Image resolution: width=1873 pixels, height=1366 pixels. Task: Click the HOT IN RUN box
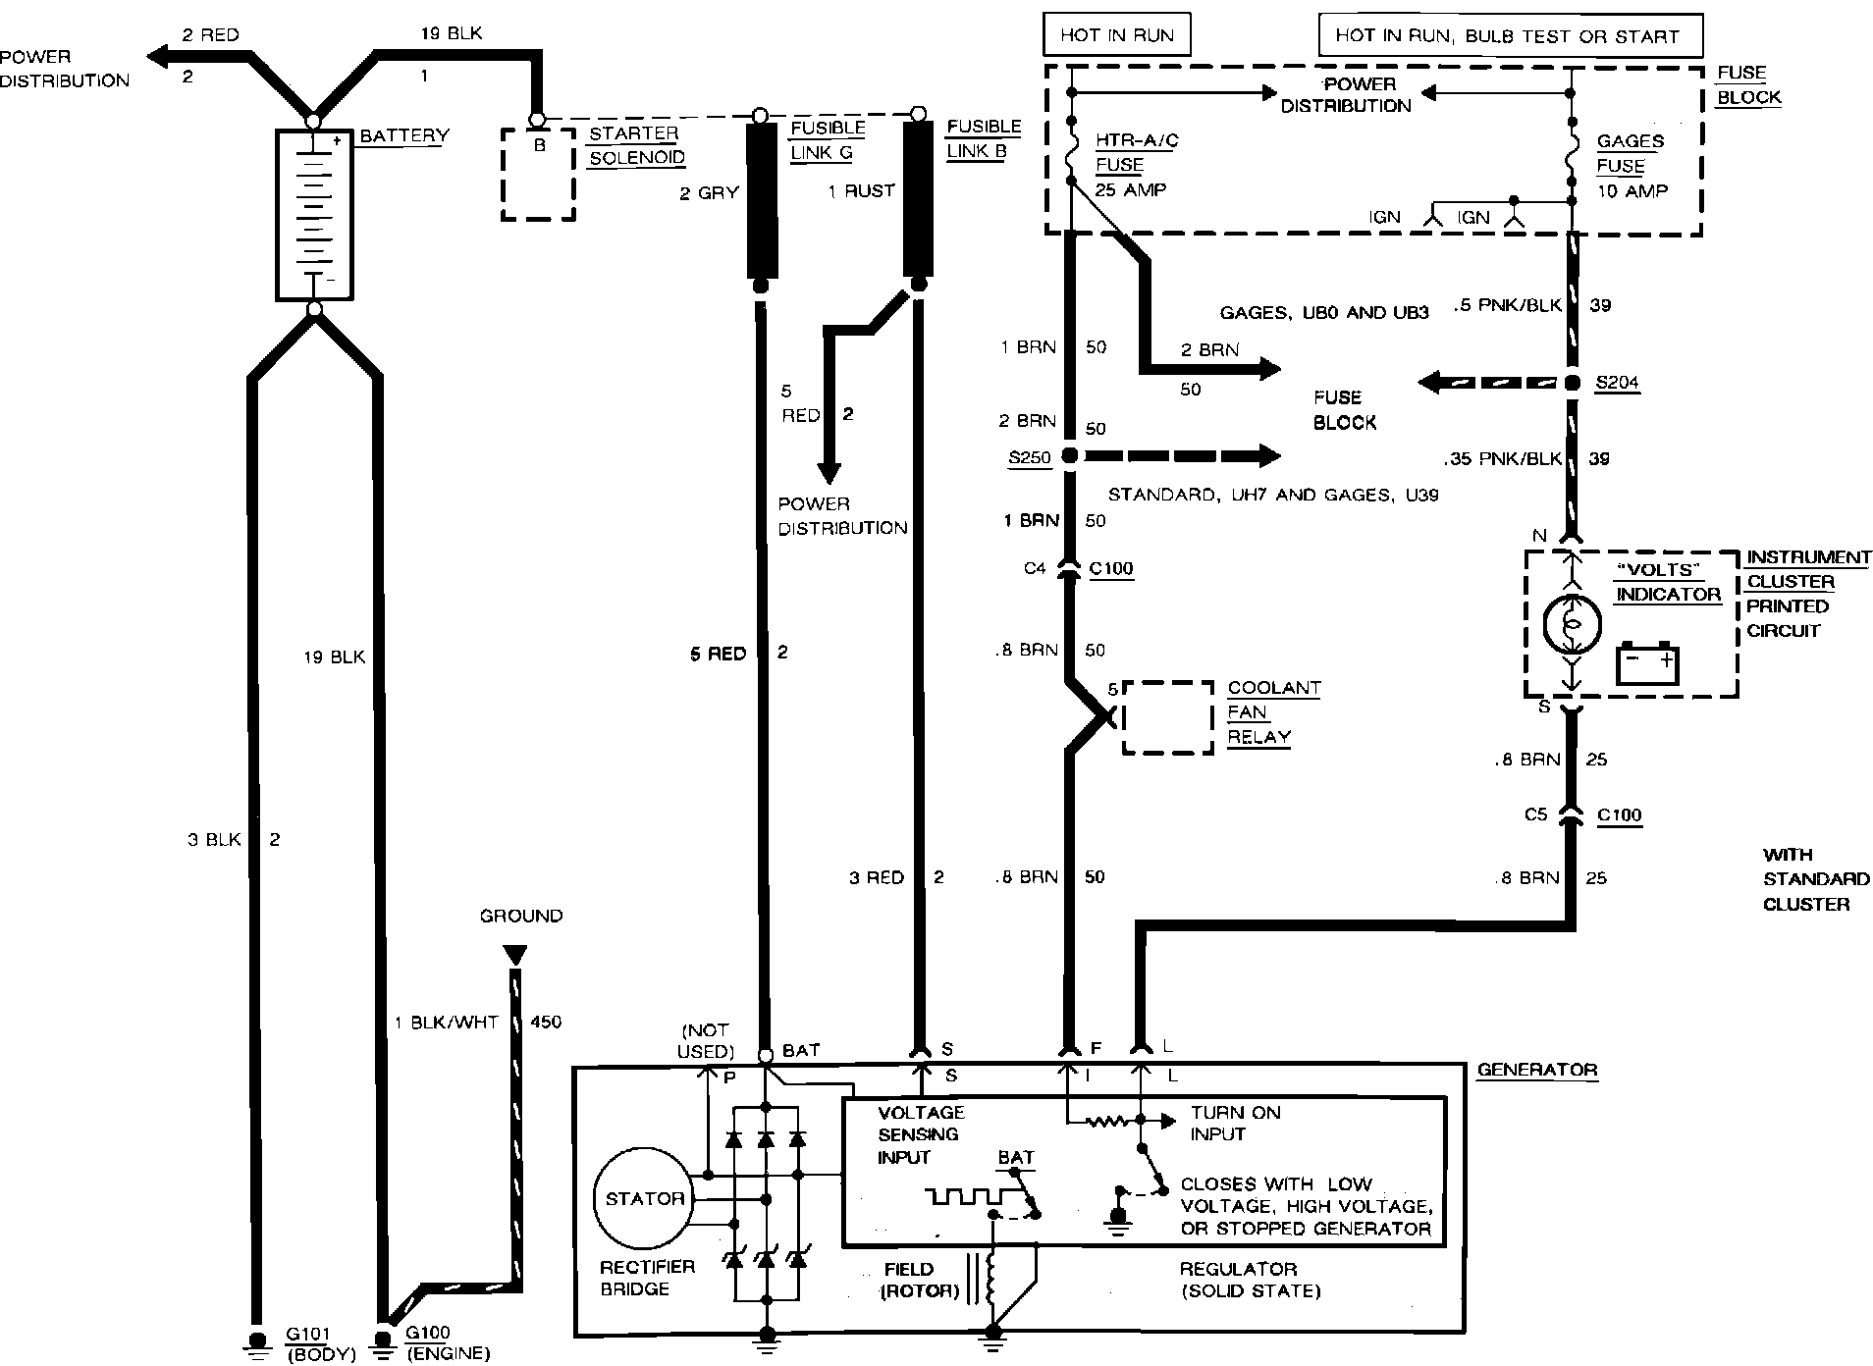point(1116,35)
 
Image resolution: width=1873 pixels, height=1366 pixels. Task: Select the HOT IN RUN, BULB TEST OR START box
point(1509,35)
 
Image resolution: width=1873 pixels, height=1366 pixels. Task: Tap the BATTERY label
point(403,135)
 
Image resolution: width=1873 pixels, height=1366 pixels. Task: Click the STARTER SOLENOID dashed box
point(538,173)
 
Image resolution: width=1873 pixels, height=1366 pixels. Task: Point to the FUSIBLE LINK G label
point(828,140)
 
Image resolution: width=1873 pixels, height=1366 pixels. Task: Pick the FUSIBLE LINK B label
point(984,139)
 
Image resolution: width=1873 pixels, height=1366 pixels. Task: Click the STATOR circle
point(644,1198)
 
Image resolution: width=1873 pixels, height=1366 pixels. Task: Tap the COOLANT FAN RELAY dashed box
point(1166,717)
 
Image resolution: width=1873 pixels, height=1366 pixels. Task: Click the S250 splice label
point(1029,457)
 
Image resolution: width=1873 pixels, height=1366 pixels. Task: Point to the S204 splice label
point(1617,383)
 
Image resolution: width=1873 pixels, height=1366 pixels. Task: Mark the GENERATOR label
point(1536,1070)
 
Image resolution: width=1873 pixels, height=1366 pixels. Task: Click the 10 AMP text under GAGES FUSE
point(1632,190)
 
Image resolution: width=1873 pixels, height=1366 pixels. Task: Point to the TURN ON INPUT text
point(1235,1123)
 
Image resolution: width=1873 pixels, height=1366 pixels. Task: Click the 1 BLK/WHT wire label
point(446,1022)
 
